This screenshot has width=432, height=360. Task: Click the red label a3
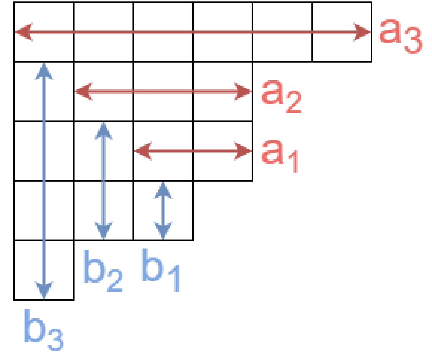click(400, 37)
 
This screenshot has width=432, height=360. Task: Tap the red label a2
click(282, 96)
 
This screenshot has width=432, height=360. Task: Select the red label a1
click(280, 155)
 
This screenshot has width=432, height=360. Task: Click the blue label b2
click(103, 271)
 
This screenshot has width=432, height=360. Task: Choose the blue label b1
click(161, 270)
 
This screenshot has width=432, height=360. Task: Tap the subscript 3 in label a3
click(413, 40)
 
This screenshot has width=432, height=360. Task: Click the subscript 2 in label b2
click(115, 281)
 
